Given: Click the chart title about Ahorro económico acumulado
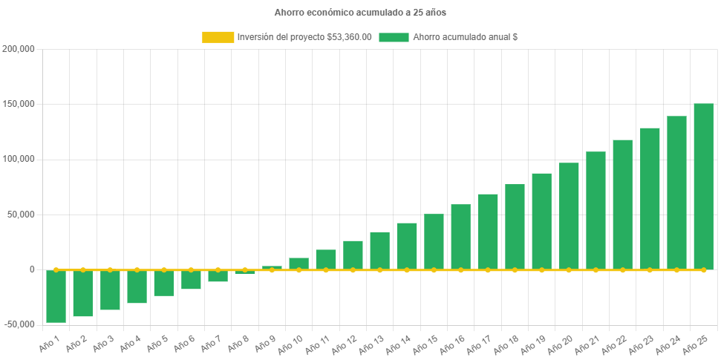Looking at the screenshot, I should (x=360, y=13).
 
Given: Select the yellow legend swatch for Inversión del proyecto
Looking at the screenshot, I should (x=218, y=37).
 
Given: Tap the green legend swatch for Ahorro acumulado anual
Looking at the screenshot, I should (x=394, y=37).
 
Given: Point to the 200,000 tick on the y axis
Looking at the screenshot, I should (x=19, y=49).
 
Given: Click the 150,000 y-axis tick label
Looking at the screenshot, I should (x=19, y=104).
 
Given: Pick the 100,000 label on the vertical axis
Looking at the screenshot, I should (x=19, y=159).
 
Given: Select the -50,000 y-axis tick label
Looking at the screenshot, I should (x=19, y=324).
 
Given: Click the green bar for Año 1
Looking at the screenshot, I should (x=56, y=296).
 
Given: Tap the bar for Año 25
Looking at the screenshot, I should (x=703, y=186).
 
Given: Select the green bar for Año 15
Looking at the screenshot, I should (x=434, y=241).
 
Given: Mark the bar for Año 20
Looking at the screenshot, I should (x=569, y=216).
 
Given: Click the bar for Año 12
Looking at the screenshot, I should (x=353, y=255).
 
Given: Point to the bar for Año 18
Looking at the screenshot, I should (x=515, y=226).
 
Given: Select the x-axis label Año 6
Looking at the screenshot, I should (x=181, y=343).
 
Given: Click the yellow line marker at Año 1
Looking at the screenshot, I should (x=56, y=269).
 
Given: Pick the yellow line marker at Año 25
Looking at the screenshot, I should (x=703, y=269).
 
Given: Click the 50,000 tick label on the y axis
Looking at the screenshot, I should (x=22, y=215).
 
